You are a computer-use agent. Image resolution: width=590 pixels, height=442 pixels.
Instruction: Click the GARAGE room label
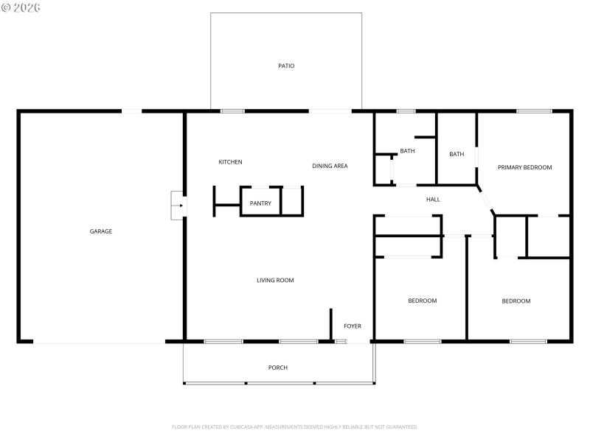[101, 231]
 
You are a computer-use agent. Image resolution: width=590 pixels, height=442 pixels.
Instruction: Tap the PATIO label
[286, 66]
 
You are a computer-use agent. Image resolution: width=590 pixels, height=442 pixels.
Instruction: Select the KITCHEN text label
[230, 162]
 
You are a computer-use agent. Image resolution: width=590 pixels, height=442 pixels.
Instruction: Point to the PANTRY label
[260, 203]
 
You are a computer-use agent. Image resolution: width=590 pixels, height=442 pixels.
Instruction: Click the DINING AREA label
[330, 166]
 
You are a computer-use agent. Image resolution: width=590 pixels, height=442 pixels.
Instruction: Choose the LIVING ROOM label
[275, 280]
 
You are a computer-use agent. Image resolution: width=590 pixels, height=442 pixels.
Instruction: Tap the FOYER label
[353, 326]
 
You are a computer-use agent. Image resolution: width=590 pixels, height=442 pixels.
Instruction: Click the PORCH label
[278, 368]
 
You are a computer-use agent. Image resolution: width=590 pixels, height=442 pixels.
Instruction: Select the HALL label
[433, 200]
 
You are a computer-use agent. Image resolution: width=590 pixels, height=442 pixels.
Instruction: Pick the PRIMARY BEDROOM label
[524, 167]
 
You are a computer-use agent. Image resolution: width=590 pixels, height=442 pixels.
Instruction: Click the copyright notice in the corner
[21, 7]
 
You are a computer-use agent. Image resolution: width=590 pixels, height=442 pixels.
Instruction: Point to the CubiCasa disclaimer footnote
[295, 427]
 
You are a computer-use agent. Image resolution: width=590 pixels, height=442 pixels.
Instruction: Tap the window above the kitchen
[232, 111]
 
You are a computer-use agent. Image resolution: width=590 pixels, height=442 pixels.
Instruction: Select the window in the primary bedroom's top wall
[534, 111]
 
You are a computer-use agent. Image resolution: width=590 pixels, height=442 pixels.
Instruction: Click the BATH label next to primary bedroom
[457, 154]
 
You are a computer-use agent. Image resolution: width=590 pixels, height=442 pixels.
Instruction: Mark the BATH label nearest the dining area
[407, 151]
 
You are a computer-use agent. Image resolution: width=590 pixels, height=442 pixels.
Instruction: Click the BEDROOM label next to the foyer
[423, 301]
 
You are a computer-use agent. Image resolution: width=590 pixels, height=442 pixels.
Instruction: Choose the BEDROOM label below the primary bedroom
[516, 301]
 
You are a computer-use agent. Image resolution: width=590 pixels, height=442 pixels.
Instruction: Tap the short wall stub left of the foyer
[330, 324]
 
